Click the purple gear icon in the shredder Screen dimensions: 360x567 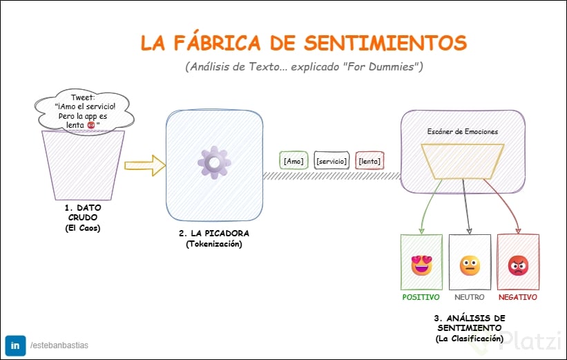pyautogui.click(x=214, y=163)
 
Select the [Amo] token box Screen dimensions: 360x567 pyautogui.click(x=294, y=161)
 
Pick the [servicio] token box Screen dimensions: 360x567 pyautogui.click(x=331, y=161)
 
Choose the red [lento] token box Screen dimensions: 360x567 pyautogui.click(x=369, y=161)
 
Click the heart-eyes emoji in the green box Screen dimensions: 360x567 pyautogui.click(x=421, y=265)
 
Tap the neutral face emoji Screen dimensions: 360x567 pyautogui.click(x=470, y=265)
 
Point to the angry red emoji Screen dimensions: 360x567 pyautogui.click(x=517, y=265)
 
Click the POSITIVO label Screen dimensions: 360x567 pyautogui.click(x=421, y=297)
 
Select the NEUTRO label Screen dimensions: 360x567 pyautogui.click(x=470, y=297)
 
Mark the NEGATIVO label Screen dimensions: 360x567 pyautogui.click(x=517, y=297)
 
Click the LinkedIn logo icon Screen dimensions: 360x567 pyautogui.click(x=15, y=344)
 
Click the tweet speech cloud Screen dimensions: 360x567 pyautogui.click(x=84, y=111)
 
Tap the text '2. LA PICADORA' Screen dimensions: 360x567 pyautogui.click(x=213, y=234)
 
